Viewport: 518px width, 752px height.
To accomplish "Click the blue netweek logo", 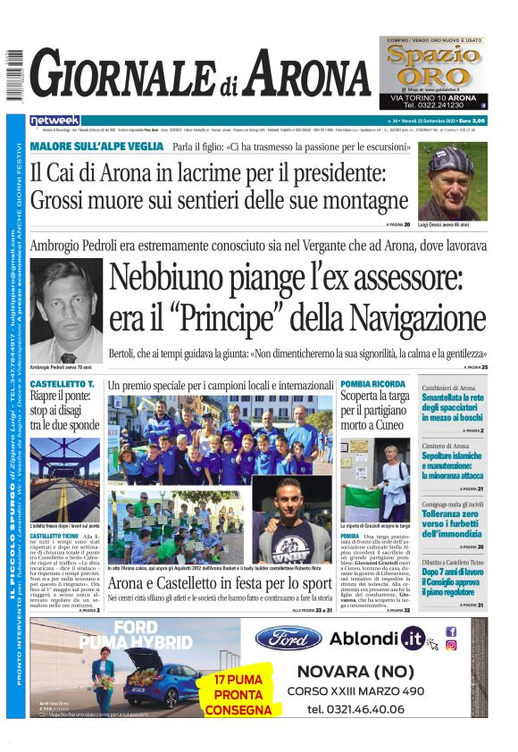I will coord(54,121).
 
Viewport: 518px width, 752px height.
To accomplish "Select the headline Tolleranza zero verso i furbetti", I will coord(453,522).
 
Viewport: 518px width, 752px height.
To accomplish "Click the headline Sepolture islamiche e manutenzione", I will coord(453,464).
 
